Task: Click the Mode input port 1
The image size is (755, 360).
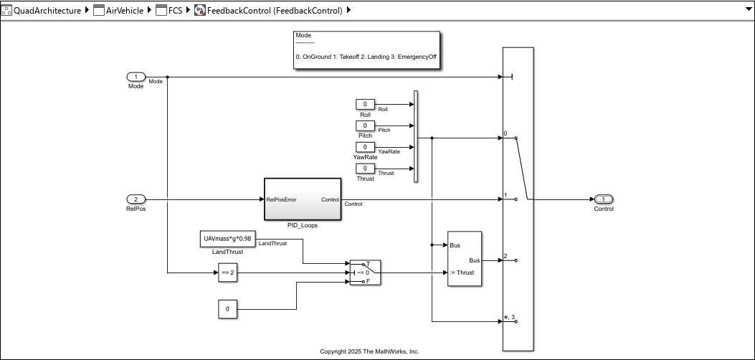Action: pyautogui.click(x=136, y=77)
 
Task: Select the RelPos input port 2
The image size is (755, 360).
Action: pyautogui.click(x=136, y=199)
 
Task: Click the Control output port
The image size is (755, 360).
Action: pyautogui.click(x=603, y=199)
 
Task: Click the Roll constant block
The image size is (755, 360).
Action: pyautogui.click(x=365, y=105)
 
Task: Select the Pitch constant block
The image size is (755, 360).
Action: pyautogui.click(x=365, y=125)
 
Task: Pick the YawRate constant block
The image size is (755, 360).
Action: pyautogui.click(x=365, y=147)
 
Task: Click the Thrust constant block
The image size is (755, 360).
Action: pyautogui.click(x=365, y=169)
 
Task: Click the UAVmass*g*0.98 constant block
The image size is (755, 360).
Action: pyautogui.click(x=227, y=239)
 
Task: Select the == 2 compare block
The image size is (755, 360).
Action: pyautogui.click(x=227, y=273)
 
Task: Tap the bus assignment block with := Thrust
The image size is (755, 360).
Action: pyautogui.click(x=464, y=259)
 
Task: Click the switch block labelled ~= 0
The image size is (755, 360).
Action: pyautogui.click(x=365, y=273)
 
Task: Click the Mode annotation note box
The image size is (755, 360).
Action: pyautogui.click(x=366, y=50)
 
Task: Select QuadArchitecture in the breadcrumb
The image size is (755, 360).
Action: pyautogui.click(x=47, y=10)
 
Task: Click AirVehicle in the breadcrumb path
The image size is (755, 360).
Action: pyautogui.click(x=124, y=10)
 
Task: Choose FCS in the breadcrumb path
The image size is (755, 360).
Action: pyautogui.click(x=175, y=10)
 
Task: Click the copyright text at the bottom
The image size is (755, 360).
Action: pyautogui.click(x=369, y=351)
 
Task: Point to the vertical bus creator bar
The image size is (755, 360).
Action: pyautogui.click(x=416, y=136)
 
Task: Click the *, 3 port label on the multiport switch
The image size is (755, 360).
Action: pyautogui.click(x=510, y=317)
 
